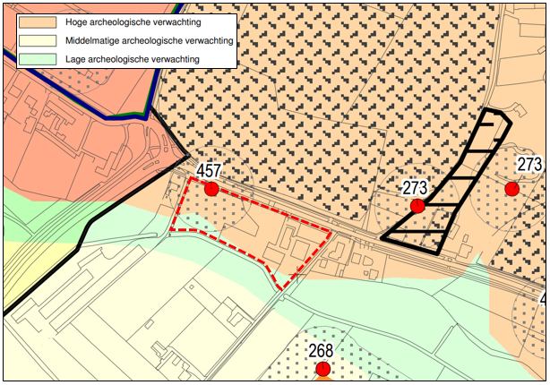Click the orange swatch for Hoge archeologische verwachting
(x=35, y=21)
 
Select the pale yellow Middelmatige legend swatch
(x=35, y=40)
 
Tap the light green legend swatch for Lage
(x=35, y=59)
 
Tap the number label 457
(x=209, y=171)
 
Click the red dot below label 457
(x=211, y=189)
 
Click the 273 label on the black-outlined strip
(x=416, y=189)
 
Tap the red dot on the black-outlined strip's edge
(x=417, y=207)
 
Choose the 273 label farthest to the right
(x=530, y=165)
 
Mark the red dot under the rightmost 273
(x=511, y=188)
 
